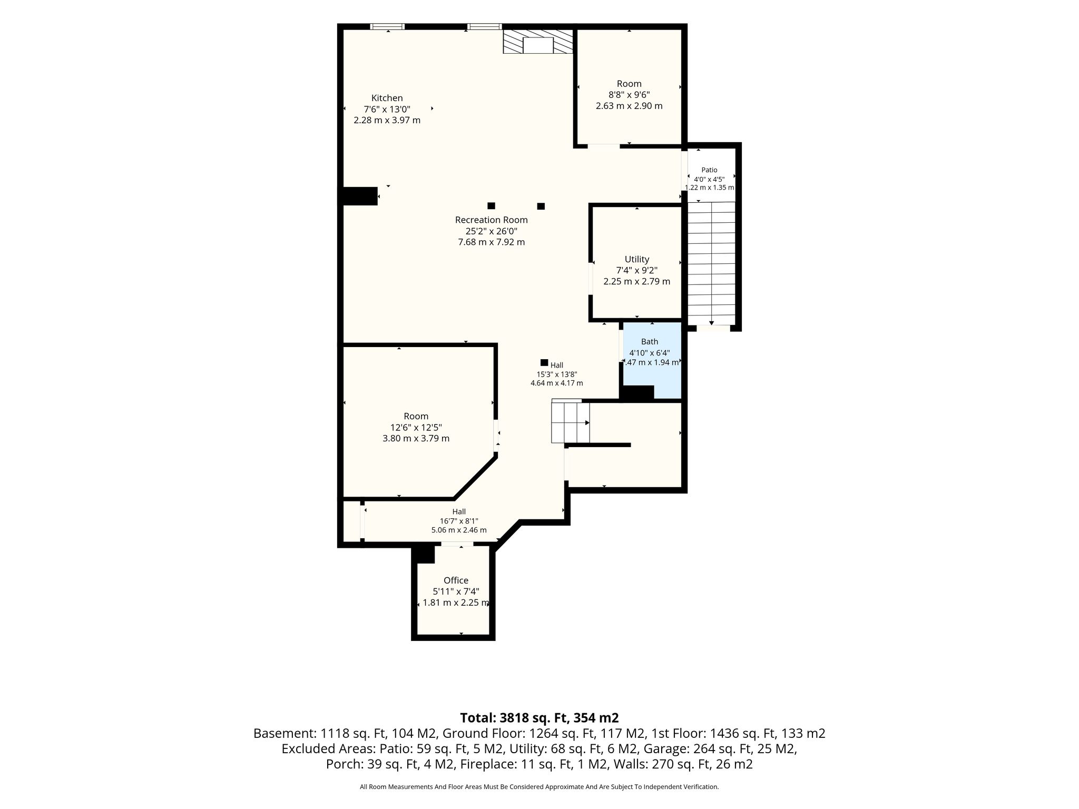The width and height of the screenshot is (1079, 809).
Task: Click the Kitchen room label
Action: pos(387,98)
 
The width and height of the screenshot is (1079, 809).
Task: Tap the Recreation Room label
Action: pos(492,220)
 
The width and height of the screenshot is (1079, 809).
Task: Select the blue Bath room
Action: pos(652,361)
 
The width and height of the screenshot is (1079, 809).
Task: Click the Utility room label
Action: pos(636,259)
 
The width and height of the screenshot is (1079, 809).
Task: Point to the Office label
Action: pos(456,580)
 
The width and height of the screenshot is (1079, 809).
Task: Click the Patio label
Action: pos(709,170)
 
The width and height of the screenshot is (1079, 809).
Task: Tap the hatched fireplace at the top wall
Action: pos(538,42)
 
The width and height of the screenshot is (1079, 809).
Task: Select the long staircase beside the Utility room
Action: pos(711,263)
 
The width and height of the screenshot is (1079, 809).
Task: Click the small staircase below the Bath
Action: pos(571,422)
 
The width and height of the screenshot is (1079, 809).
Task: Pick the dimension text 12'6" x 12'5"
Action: pos(416,427)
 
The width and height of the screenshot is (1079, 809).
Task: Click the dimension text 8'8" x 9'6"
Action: pos(629,95)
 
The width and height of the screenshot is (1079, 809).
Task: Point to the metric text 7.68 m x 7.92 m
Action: pos(492,242)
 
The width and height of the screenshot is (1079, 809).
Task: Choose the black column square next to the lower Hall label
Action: pos(544,362)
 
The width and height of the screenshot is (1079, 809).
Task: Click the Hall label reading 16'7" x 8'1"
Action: pos(459,521)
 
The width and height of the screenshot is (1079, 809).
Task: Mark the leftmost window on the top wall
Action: pos(387,26)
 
